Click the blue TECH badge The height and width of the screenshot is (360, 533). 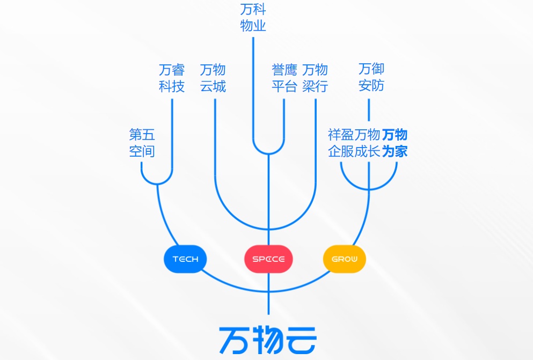click(185, 259)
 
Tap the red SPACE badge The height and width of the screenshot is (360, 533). click(268, 259)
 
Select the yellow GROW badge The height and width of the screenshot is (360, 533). click(344, 259)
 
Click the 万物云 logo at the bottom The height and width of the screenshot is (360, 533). click(268, 339)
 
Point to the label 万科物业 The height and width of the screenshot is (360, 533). click(253, 18)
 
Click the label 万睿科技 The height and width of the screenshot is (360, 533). click(172, 78)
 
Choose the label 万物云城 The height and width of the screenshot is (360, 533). click(213, 78)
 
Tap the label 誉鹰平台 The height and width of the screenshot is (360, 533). click(284, 78)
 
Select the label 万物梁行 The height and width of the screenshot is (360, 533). click(315, 78)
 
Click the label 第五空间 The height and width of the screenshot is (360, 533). click(142, 143)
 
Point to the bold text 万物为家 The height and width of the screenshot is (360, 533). click(395, 143)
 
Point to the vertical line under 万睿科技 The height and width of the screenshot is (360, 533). click(172, 134)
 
